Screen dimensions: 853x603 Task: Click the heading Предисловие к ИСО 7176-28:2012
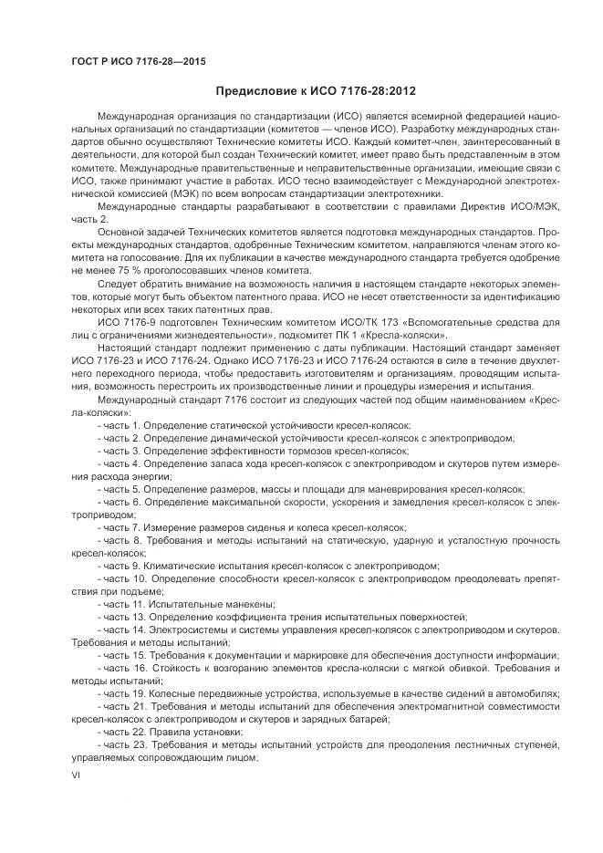pyautogui.click(x=317, y=91)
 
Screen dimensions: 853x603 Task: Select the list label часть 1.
pyautogui.click(x=120, y=426)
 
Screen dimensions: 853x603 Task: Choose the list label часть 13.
pyautogui.click(x=122, y=617)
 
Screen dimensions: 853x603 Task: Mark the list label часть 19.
pyautogui.click(x=122, y=693)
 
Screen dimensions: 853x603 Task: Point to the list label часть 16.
pyautogui.click(x=122, y=668)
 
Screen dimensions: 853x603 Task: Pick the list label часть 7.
pyautogui.click(x=120, y=527)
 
